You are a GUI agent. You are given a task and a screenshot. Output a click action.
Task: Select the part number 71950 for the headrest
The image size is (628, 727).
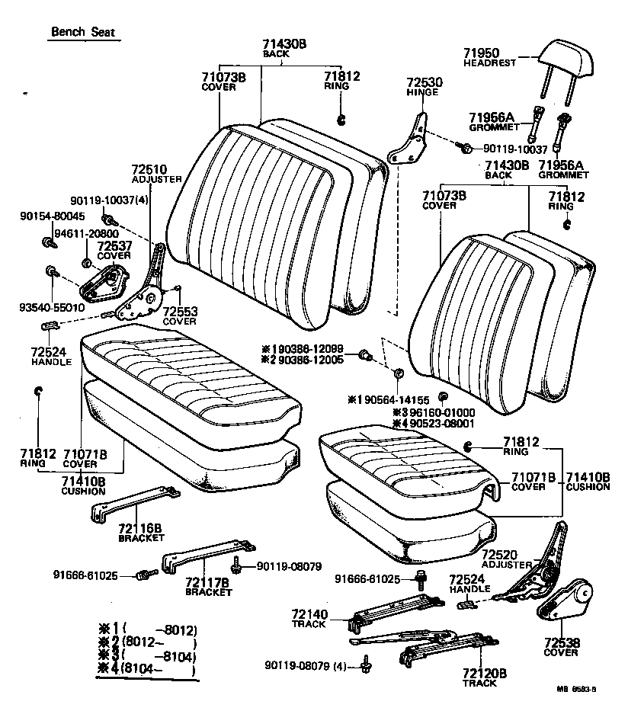pos(482,53)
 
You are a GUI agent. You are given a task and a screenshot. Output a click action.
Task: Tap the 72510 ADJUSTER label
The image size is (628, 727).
pos(155,174)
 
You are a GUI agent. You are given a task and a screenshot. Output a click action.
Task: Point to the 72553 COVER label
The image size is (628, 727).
pos(180,315)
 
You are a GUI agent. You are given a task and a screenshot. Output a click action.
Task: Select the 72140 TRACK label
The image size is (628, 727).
pos(309,618)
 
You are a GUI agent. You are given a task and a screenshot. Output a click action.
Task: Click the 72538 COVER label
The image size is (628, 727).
pos(560,646)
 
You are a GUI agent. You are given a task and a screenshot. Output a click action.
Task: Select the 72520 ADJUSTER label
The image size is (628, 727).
pos(506,559)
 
